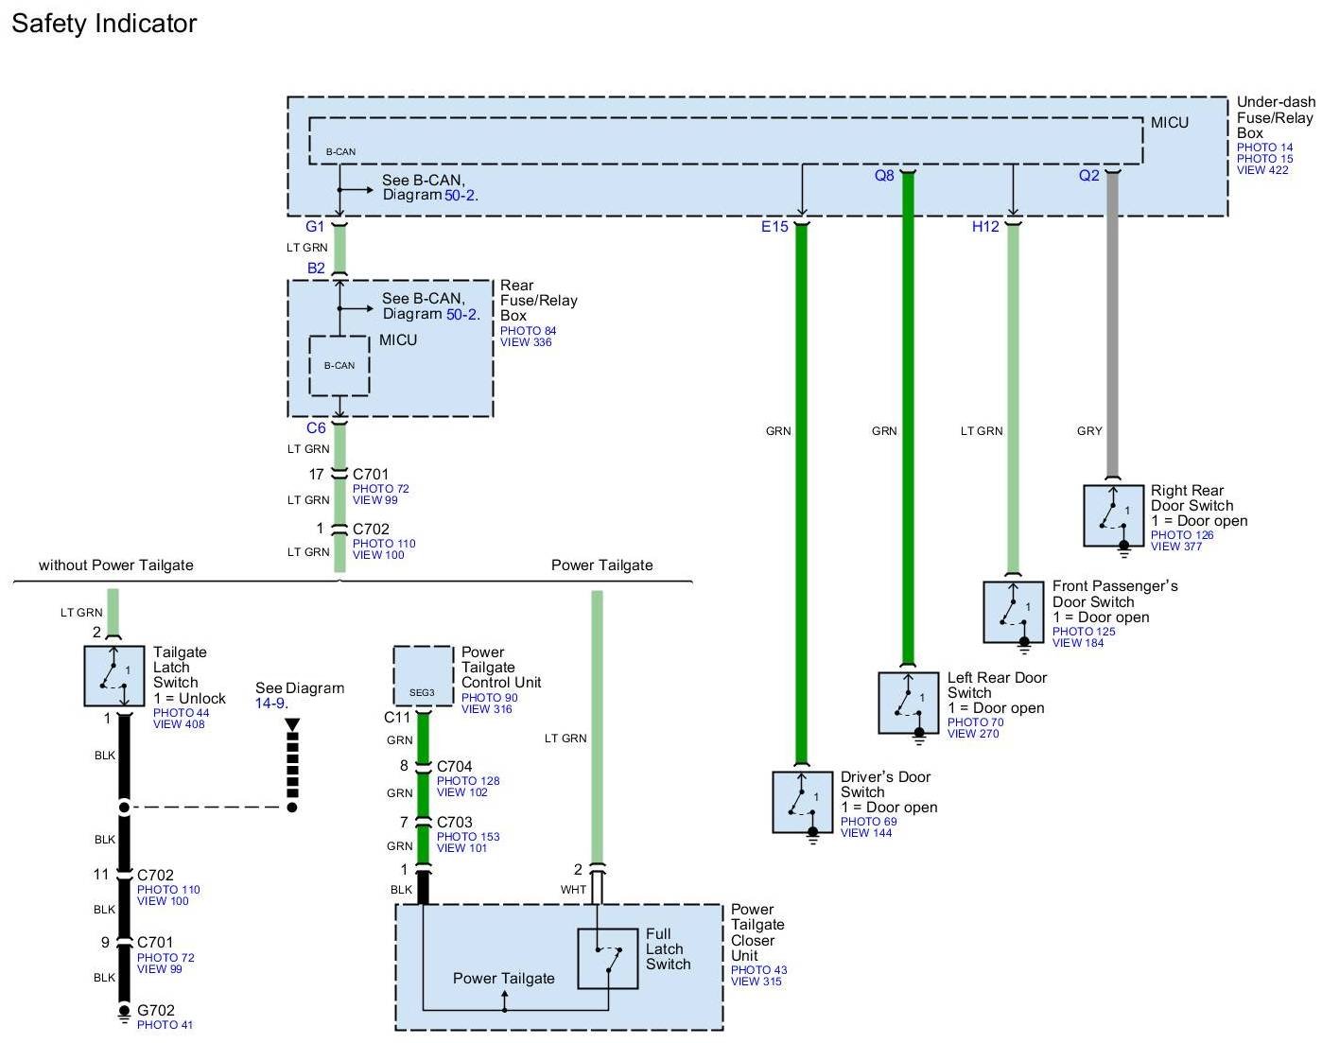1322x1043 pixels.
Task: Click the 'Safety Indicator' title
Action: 104,24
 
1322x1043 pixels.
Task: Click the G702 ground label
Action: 156,1011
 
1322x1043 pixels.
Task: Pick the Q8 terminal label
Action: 884,176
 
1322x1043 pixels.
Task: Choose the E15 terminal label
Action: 774,227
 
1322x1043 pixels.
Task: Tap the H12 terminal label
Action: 986,227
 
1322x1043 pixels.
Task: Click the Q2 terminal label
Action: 1089,176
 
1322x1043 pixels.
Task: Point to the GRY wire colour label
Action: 1089,431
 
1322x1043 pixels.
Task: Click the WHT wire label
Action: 573,890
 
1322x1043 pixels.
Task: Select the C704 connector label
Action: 455,767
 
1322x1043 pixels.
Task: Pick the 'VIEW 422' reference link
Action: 1262,170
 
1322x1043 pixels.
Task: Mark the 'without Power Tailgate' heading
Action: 116,565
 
